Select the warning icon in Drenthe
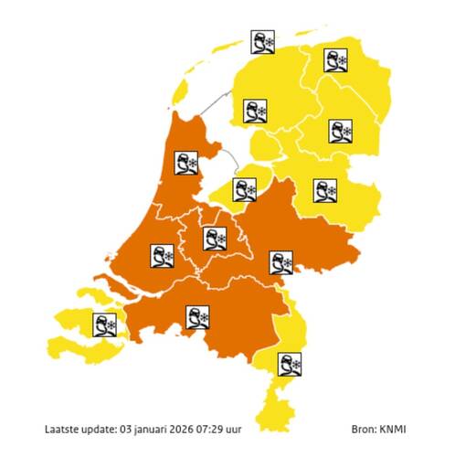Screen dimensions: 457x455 (342, 131)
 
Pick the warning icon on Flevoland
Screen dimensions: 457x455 (244, 189)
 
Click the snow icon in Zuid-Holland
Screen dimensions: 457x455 (163, 256)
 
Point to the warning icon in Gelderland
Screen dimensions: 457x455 (280, 263)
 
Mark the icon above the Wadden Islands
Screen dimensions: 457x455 (263, 42)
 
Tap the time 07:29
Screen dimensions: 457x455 (238, 428)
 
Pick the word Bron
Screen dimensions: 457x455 (364, 428)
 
